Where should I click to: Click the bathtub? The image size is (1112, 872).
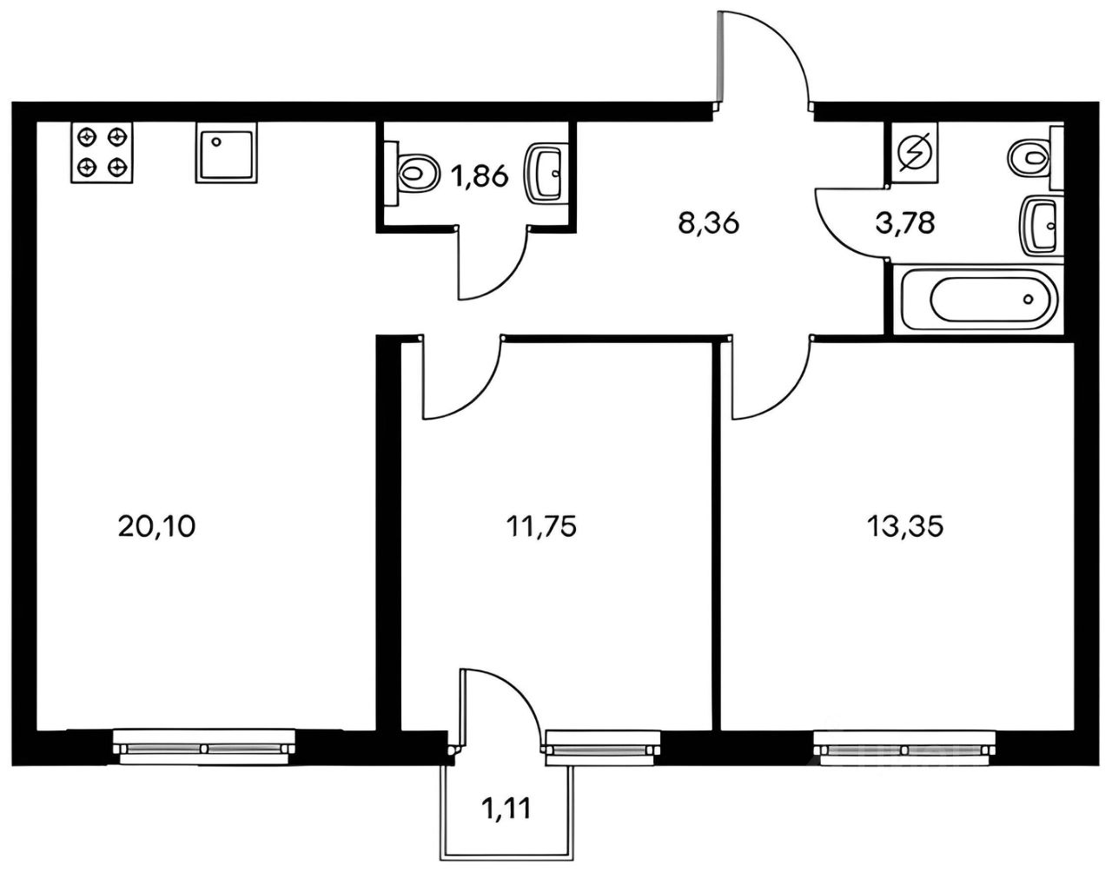(x=981, y=300)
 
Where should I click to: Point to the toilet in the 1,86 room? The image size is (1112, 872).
(x=416, y=172)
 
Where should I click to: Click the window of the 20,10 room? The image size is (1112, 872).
(x=204, y=747)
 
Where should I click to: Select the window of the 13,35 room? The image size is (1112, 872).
(x=904, y=747)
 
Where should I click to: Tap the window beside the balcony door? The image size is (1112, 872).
(x=601, y=747)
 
